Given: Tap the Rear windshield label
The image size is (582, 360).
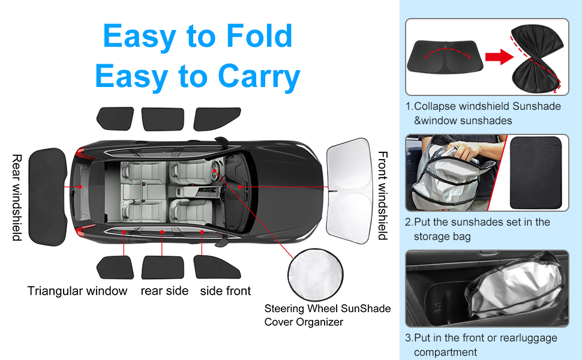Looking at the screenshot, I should click(17, 197).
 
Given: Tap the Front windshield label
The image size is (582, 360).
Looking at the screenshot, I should click(382, 196).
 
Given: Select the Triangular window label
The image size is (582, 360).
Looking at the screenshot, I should click(77, 291).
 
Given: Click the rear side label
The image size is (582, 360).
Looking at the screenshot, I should click(164, 291).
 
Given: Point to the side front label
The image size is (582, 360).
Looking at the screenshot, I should click(226, 291).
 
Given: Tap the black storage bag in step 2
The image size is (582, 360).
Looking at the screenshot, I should click(539, 172).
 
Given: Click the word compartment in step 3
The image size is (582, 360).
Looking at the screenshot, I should click(445, 352).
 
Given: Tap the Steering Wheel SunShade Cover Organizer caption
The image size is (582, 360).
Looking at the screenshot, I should click(328, 315).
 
